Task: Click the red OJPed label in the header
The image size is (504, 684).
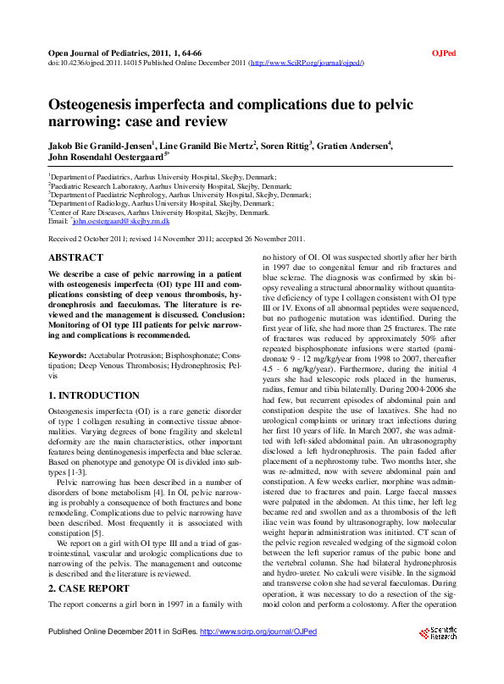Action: point(445,53)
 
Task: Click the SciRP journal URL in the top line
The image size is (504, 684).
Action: point(302,63)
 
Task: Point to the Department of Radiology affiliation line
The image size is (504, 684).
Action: point(162,203)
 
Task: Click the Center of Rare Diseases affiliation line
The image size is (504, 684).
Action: point(160,212)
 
